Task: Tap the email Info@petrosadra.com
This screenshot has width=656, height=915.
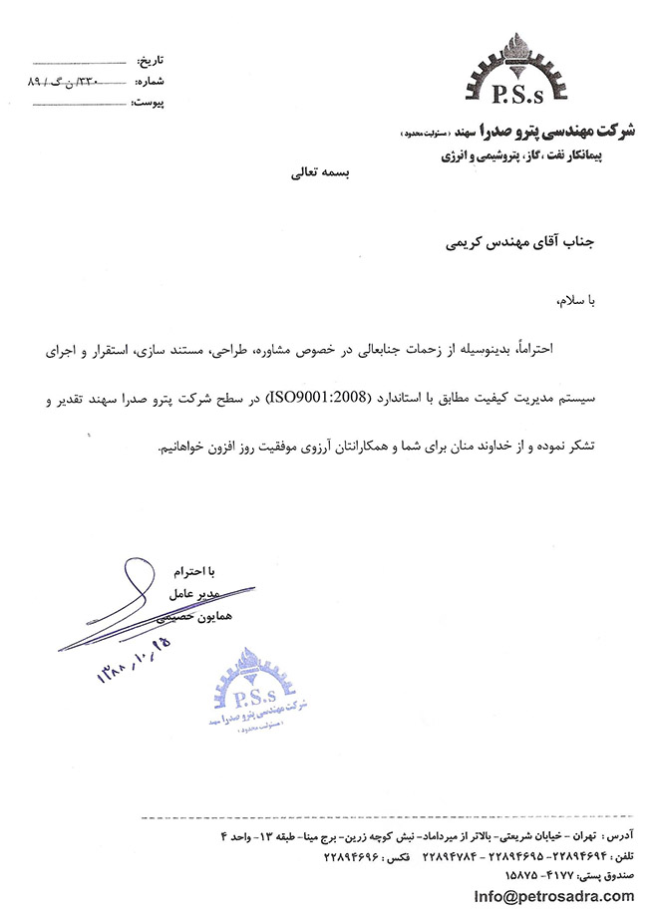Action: click(553, 895)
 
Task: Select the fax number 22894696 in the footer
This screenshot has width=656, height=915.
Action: click(352, 854)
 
